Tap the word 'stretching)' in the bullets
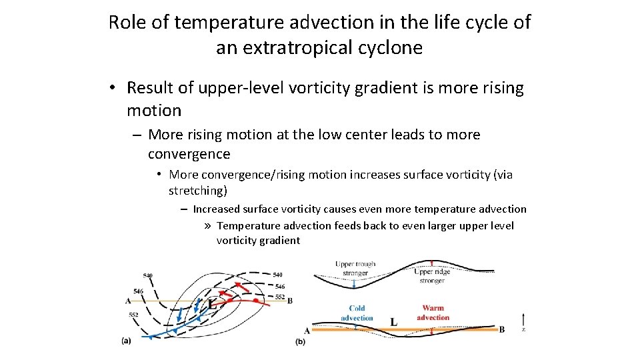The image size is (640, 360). [x=198, y=191]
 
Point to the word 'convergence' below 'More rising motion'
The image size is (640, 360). [x=189, y=154]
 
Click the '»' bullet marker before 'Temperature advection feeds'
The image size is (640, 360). [x=208, y=225]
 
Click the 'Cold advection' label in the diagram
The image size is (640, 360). [x=357, y=313]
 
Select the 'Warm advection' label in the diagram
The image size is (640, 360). [x=433, y=313]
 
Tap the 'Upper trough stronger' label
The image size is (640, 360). [x=355, y=268]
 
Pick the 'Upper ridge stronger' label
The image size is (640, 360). [x=432, y=276]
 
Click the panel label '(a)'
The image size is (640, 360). [x=126, y=341]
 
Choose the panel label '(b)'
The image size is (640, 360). [x=300, y=341]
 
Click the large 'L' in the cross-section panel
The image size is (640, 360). [x=393, y=322]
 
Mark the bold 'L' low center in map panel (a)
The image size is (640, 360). [x=211, y=304]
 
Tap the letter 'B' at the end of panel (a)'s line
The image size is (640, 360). [x=290, y=301]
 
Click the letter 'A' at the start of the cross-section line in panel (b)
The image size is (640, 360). [x=307, y=330]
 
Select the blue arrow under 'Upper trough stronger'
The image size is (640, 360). [x=355, y=283]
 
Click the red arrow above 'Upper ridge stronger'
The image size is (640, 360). [x=432, y=263]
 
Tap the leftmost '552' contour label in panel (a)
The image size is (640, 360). [x=134, y=315]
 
